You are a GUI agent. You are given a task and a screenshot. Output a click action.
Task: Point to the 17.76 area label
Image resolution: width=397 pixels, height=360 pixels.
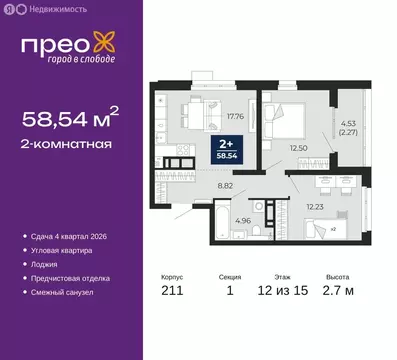pos(236,115)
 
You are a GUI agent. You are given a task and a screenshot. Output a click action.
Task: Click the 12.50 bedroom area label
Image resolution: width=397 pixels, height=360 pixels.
pos(296,148)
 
